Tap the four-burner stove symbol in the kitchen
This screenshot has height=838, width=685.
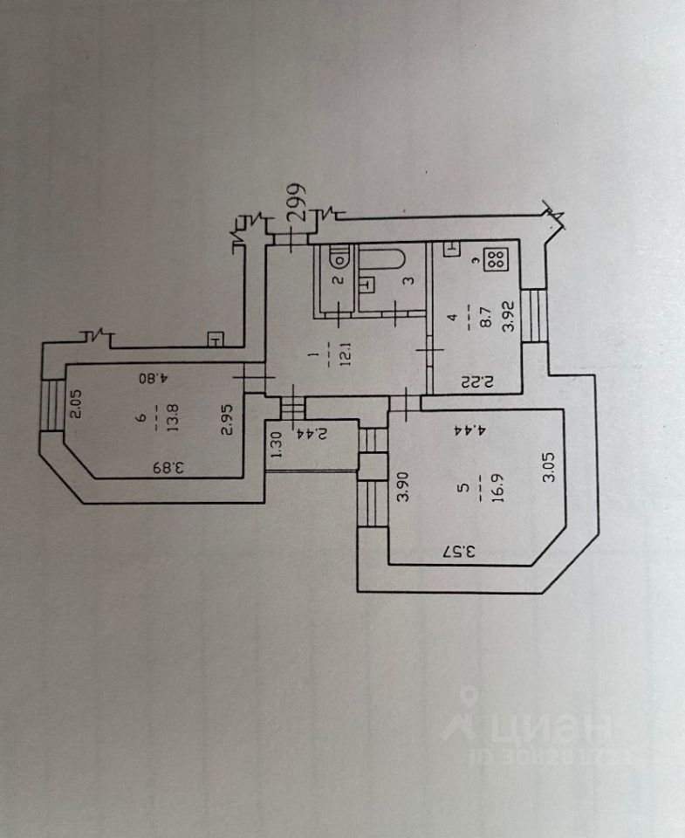497,259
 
